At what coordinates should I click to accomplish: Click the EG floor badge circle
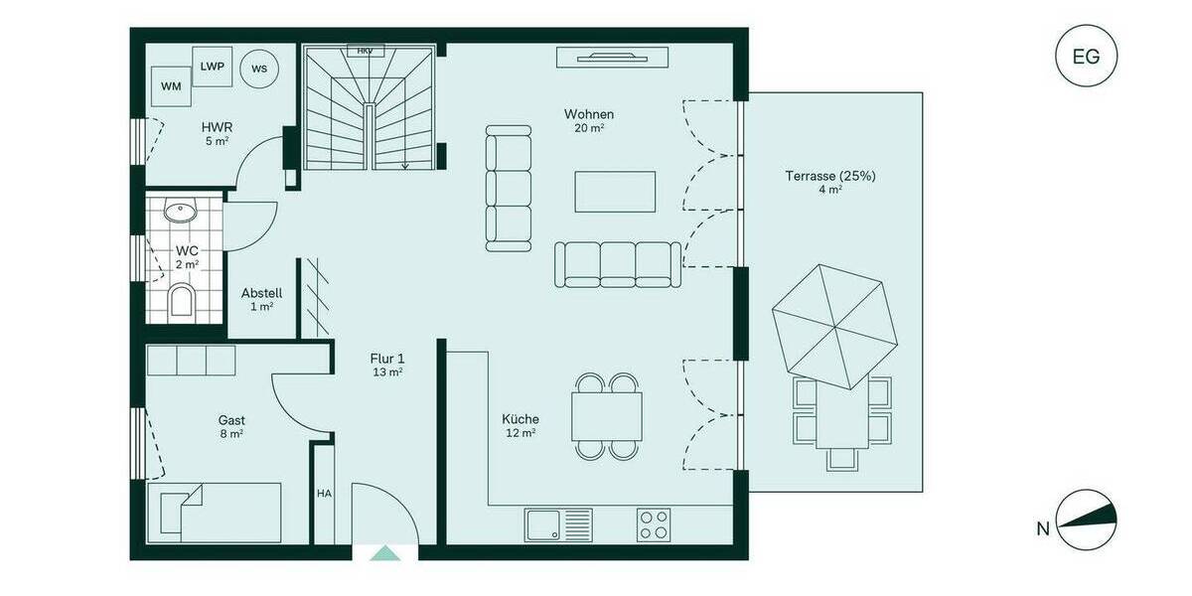(x=1086, y=57)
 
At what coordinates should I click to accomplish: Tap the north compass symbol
(x=1086, y=520)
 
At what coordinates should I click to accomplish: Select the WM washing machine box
(x=172, y=86)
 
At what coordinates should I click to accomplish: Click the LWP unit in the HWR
(x=212, y=67)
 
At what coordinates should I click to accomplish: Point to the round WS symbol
(x=259, y=69)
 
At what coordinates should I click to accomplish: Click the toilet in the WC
(x=182, y=300)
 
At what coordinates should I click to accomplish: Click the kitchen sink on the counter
(x=558, y=523)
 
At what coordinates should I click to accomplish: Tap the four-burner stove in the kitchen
(x=653, y=523)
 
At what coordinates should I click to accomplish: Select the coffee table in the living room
(x=615, y=191)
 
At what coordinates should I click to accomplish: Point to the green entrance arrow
(x=384, y=553)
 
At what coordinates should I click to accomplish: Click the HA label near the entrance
(x=324, y=493)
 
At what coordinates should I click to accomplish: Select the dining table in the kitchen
(x=606, y=416)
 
